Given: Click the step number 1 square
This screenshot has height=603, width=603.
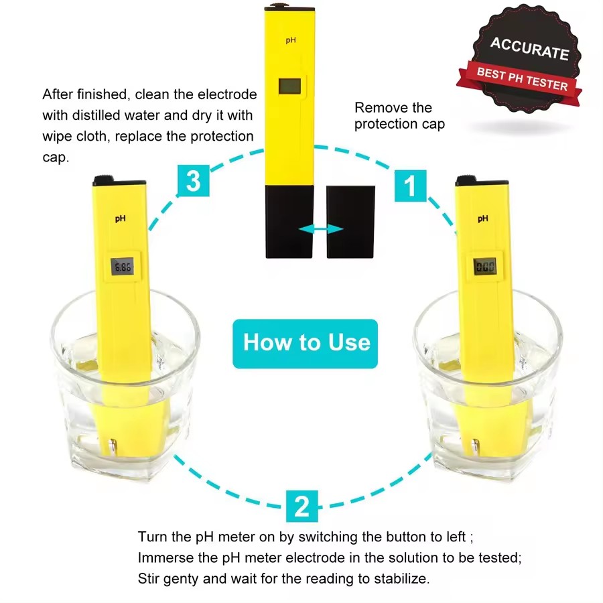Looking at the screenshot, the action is [410, 186].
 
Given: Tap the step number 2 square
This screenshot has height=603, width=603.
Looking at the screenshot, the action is [302, 506].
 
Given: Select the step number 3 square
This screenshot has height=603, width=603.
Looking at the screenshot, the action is [194, 180].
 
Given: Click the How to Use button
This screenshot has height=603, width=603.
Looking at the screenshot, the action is [306, 344].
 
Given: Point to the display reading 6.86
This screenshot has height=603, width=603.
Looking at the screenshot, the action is [123, 267].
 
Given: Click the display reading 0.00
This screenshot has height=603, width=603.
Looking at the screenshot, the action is [485, 267].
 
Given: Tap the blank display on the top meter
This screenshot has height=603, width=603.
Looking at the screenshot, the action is [290, 86].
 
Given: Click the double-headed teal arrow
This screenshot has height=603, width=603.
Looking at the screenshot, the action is [321, 229].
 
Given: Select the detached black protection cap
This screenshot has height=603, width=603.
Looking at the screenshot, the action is [350, 222].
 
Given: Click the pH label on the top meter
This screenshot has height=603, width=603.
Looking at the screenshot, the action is [291, 40].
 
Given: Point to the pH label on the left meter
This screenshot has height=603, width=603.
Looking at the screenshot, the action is [121, 219].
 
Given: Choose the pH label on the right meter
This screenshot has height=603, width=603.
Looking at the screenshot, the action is [483, 219].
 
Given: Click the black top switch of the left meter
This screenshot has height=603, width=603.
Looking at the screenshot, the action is [103, 179].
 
